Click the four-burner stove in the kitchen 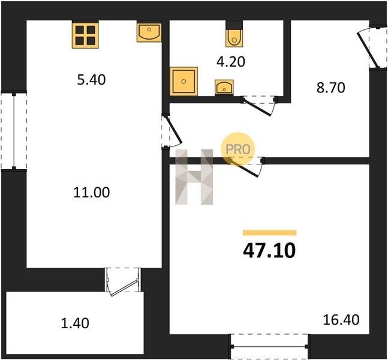[x=85, y=35]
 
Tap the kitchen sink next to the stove [x=149, y=32]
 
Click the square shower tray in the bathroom [x=184, y=81]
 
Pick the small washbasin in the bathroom [x=224, y=88]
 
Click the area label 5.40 [x=91, y=80]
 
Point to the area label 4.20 [x=231, y=62]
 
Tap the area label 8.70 [x=331, y=88]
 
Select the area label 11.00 [x=92, y=193]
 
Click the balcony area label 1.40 [x=75, y=323]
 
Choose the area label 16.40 [x=341, y=320]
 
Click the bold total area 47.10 [x=269, y=250]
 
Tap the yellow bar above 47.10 [x=270, y=233]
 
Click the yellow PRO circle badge [x=238, y=149]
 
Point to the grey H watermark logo [x=194, y=177]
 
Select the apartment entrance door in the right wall [x=372, y=47]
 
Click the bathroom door [x=258, y=106]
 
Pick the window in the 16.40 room [x=269, y=347]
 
